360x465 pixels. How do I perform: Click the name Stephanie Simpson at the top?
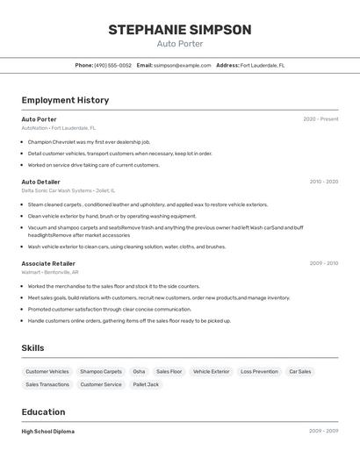[x=180, y=30]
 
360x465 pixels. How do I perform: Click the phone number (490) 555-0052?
[x=113, y=65]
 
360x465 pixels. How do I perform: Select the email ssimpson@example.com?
[x=183, y=65]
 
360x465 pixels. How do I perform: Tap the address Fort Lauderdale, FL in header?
[x=263, y=65]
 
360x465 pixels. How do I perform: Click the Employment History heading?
[x=65, y=100]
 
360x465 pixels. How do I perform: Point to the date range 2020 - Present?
[x=320, y=119]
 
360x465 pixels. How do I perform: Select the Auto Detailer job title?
[x=41, y=182]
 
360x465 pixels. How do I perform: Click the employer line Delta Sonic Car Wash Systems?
[x=68, y=190]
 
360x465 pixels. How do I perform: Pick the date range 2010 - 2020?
[x=323, y=182]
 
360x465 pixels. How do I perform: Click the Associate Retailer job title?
[x=48, y=263]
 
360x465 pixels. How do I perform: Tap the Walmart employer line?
[x=50, y=272]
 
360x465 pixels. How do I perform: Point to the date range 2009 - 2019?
[x=323, y=263]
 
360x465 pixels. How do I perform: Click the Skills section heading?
[x=32, y=348]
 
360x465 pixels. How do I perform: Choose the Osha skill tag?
[x=139, y=372]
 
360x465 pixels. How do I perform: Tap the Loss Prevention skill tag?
[x=259, y=372]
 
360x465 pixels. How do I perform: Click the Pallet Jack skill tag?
[x=146, y=384]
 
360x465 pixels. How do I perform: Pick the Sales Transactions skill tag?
[x=47, y=384]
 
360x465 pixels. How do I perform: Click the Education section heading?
[x=43, y=412]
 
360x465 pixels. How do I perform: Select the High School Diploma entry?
[x=48, y=432]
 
